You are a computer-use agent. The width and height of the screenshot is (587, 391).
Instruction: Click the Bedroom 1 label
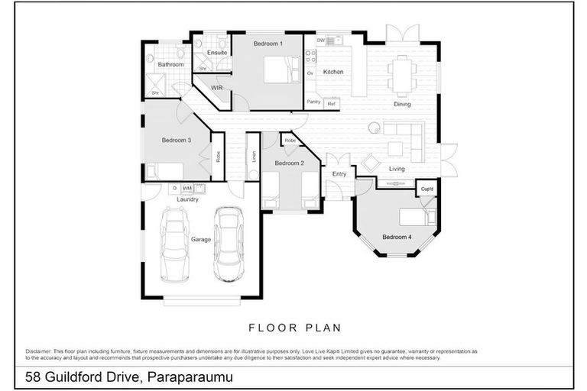click(268, 44)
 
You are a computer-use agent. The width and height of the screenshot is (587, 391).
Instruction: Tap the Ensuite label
click(216, 53)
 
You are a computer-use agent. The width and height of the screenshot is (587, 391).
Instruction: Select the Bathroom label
click(171, 65)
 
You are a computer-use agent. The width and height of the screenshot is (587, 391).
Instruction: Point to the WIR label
click(216, 88)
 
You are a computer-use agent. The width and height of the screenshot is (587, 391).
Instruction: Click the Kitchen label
click(332, 72)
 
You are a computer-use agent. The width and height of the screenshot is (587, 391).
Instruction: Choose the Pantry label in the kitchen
click(313, 102)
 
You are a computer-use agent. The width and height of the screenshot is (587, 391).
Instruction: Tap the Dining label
click(402, 105)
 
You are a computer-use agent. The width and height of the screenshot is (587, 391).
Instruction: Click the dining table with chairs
click(401, 75)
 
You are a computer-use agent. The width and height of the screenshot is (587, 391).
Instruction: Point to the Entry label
click(339, 174)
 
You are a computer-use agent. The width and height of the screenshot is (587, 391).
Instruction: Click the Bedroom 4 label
click(397, 237)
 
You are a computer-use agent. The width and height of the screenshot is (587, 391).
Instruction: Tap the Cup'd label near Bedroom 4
click(426, 189)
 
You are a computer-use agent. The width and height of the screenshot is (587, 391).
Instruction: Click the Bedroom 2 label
click(290, 163)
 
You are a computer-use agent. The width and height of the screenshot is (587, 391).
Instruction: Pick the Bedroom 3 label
click(177, 141)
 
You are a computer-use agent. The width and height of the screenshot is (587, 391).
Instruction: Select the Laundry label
click(187, 199)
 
